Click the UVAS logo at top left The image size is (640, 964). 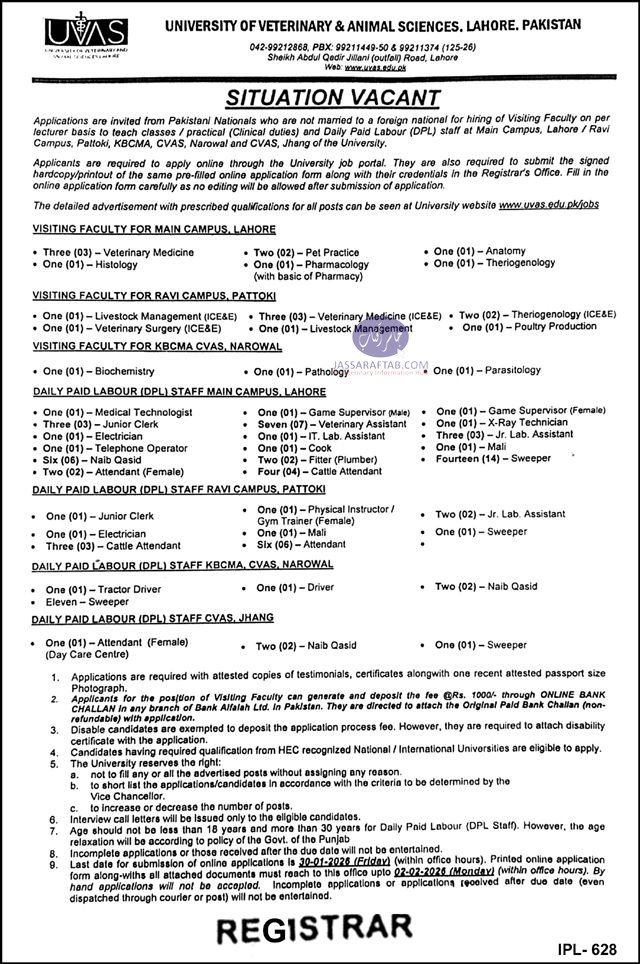(85, 38)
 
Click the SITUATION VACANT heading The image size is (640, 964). (332, 98)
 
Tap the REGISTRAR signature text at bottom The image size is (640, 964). (313, 929)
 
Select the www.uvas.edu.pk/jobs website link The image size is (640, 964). (548, 204)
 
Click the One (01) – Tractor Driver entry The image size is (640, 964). (102, 589)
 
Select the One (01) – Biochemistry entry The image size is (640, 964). (98, 371)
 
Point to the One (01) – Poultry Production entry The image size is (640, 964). (529, 327)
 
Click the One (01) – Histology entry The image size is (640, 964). (90, 263)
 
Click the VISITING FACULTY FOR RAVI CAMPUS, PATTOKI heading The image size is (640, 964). (152, 298)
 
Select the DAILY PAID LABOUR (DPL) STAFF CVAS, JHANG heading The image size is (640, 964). (152, 619)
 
